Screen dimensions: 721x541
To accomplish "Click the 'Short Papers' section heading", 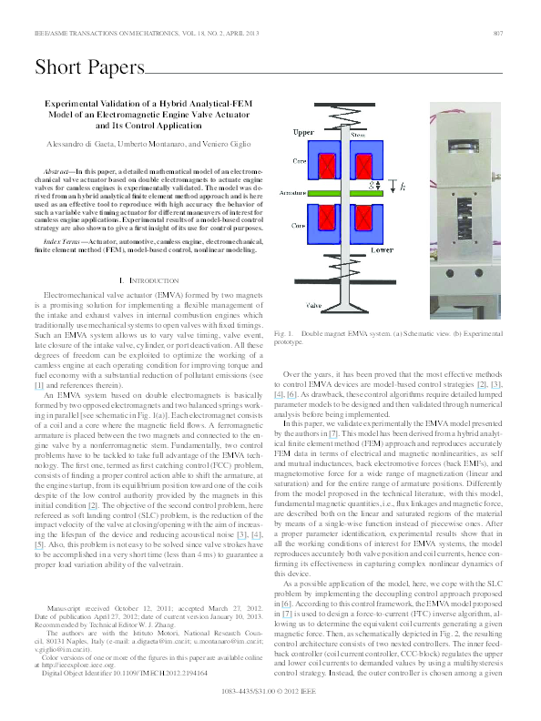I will click(x=89, y=67).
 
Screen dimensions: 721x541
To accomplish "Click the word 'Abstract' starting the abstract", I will click(x=59, y=171).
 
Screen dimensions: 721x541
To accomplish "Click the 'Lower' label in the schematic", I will click(x=382, y=249).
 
